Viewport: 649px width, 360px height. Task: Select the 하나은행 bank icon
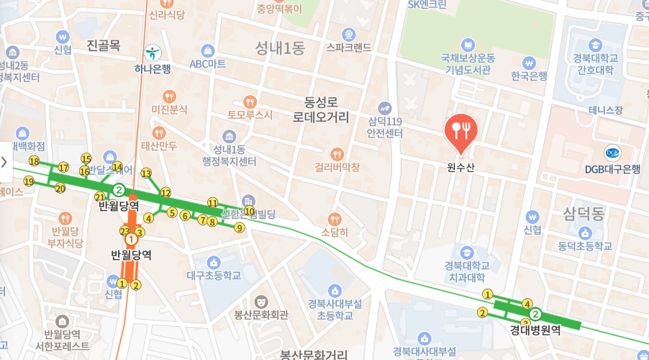[x=152, y=53]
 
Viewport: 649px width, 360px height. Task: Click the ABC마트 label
[x=207, y=63]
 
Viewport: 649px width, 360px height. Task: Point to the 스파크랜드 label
[x=348, y=48]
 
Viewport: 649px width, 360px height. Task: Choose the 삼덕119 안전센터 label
[x=385, y=127]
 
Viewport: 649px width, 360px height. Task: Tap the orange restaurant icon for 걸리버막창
[x=337, y=153]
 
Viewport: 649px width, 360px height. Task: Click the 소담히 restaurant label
[x=335, y=232]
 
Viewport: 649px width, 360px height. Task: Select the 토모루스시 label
[x=250, y=114]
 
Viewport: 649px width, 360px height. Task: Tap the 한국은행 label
[x=529, y=76]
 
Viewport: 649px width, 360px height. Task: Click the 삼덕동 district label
[x=584, y=213]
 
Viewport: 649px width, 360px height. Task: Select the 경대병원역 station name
[x=535, y=330]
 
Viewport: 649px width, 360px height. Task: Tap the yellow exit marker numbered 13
[x=146, y=174]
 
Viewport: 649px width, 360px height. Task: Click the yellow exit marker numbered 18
[x=34, y=161]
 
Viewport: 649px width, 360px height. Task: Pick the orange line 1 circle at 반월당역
[x=131, y=239]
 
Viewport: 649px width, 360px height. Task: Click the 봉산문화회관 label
[x=261, y=314]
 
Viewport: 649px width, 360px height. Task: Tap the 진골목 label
[x=103, y=46]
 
